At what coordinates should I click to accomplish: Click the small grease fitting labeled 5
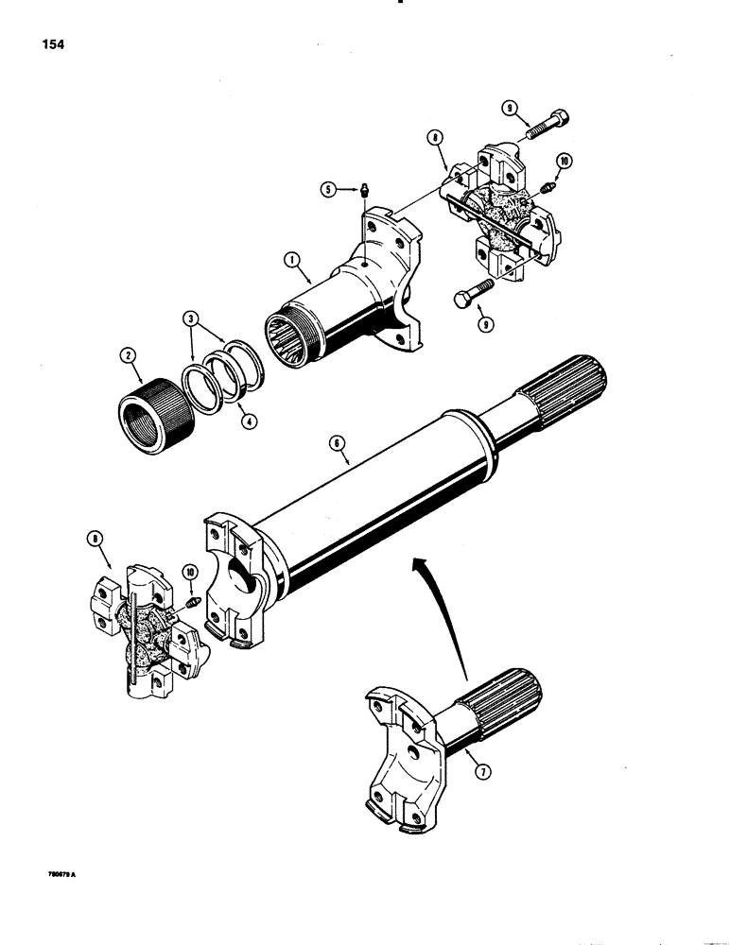(363, 192)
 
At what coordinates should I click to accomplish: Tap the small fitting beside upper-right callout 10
(548, 189)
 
